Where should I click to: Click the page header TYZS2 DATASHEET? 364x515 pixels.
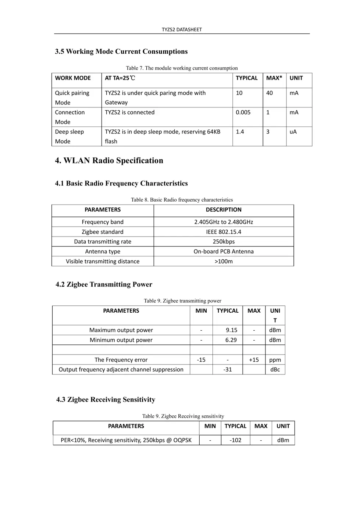click(182, 29)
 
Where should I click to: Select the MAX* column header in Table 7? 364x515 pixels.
click(274, 78)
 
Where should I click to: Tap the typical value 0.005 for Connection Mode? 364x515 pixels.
click(243, 112)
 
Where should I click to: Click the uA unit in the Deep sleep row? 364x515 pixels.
click(293, 132)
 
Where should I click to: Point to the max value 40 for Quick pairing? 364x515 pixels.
click(270, 93)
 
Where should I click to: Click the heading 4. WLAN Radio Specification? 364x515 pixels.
click(109, 160)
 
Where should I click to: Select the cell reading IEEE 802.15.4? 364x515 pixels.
click(224, 232)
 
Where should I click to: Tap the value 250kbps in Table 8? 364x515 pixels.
click(224, 242)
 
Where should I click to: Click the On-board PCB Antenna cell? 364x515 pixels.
click(224, 252)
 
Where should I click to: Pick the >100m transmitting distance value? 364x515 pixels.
click(224, 262)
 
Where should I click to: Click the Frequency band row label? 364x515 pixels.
click(103, 222)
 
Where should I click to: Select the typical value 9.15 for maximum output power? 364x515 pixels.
click(231, 330)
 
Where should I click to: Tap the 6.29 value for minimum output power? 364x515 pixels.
click(231, 340)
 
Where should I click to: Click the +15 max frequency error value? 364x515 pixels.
click(254, 360)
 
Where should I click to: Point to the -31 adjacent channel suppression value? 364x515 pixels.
click(228, 370)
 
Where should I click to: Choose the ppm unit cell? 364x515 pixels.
click(275, 360)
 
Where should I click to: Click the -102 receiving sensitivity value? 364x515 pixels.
click(235, 440)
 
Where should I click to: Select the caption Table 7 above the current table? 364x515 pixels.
click(182, 68)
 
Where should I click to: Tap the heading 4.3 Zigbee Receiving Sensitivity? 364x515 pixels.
click(106, 399)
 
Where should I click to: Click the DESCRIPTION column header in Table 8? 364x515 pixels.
click(224, 210)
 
